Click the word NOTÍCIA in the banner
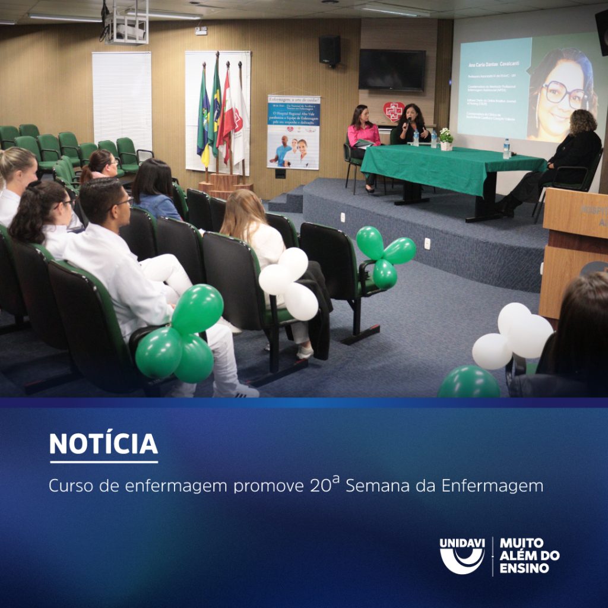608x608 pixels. coord(103,444)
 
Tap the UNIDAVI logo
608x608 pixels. coord(462,556)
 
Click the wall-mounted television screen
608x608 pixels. coord(392,70)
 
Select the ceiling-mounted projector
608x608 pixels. coord(126,27)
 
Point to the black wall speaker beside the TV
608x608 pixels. coord(330,50)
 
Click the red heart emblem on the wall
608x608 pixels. coord(393,111)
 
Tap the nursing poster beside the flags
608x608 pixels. coord(293,132)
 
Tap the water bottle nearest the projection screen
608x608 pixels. coord(506,148)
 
